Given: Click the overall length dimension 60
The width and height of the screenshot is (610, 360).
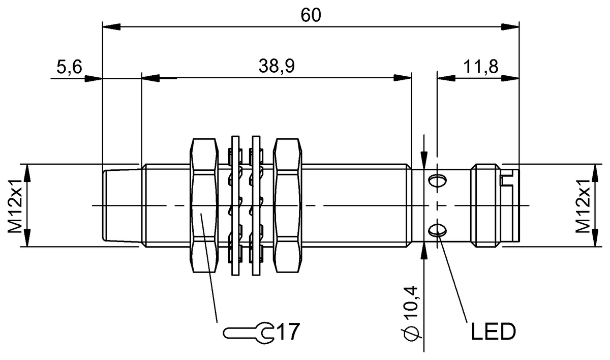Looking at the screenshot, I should [311, 15].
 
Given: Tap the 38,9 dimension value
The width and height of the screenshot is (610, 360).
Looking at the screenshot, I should [276, 66].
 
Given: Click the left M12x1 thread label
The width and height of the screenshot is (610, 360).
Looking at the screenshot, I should [15, 205].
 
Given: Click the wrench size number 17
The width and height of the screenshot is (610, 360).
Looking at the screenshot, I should [287, 333].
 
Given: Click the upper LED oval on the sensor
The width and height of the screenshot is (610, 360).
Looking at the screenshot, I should [437, 181].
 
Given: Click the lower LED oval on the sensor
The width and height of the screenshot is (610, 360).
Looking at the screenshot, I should [437, 231].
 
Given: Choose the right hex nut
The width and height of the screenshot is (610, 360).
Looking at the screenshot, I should [288, 205].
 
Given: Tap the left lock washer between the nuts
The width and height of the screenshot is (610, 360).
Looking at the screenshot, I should [235, 205].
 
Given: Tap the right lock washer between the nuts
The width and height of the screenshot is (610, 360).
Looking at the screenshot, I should [257, 205].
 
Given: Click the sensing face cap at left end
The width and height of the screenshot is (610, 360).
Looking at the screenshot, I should [121, 205].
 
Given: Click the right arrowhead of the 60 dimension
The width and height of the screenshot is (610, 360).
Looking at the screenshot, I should [511, 26].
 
